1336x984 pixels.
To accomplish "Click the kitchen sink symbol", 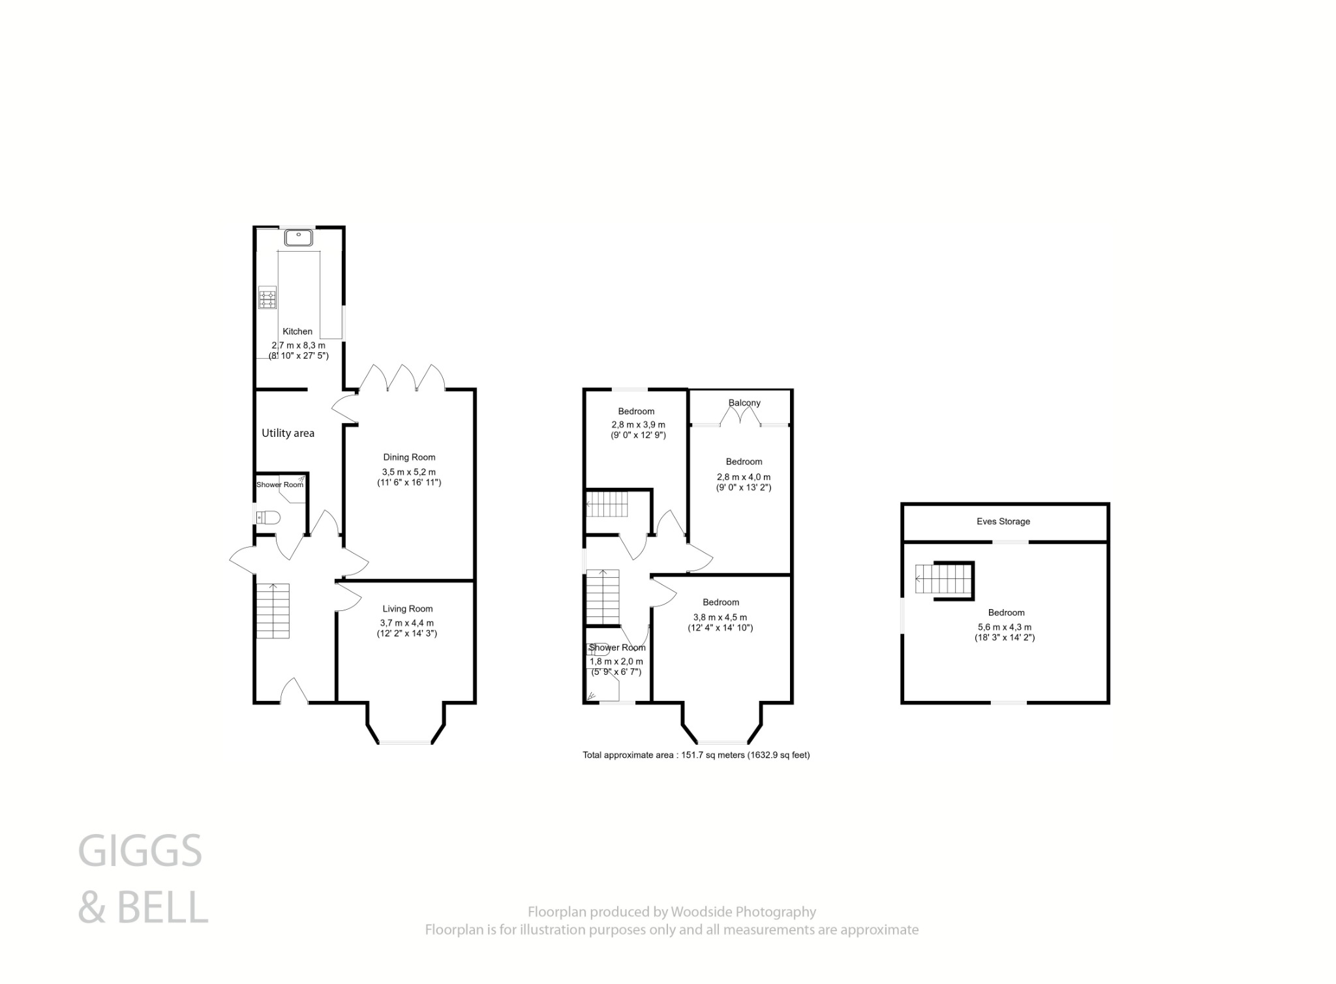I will coord(299,238).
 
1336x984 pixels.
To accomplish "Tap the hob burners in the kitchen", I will coord(267,299).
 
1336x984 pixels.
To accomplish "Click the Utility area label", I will coord(288,433).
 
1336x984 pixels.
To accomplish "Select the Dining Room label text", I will coord(409,457).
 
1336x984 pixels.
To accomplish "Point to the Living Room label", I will coord(407,608).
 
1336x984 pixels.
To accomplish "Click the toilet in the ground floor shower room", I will coord(269,518).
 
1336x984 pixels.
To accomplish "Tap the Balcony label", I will coord(744,403).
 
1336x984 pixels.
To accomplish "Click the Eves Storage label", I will coord(1003,522).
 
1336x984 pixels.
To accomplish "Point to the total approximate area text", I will coord(696,755).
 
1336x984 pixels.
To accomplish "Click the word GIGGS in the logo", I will coord(140,851).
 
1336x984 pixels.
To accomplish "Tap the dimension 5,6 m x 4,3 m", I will coord(1004,627).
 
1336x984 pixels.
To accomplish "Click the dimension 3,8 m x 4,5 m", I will coord(720,618).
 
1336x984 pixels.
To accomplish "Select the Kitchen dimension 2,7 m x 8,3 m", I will coord(298,345).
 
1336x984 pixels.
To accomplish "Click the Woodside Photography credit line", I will coord(671,912).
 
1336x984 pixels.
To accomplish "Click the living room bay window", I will coord(406,742).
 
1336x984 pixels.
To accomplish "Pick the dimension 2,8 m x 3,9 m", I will coord(636,425).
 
